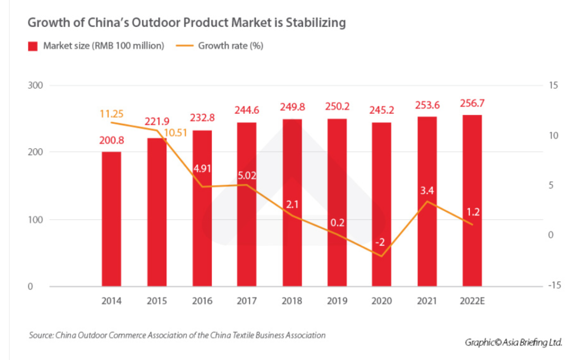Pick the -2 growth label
(x=381, y=242)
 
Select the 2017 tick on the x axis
(x=246, y=301)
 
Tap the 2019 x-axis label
(x=336, y=301)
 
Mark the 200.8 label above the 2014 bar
(x=112, y=141)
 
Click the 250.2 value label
(x=336, y=107)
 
